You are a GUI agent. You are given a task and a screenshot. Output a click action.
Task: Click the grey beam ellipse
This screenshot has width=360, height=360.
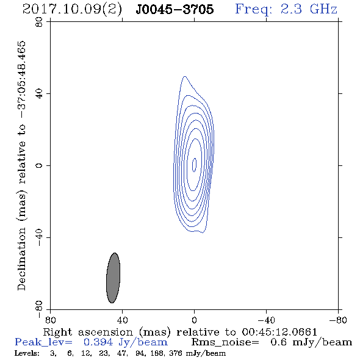(113, 278)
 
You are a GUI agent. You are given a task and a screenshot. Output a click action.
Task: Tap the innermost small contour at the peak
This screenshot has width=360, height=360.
(194, 165)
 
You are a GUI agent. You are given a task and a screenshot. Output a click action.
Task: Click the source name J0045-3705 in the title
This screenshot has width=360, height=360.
(175, 9)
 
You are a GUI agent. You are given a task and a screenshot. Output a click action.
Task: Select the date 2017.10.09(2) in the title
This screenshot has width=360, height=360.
(72, 10)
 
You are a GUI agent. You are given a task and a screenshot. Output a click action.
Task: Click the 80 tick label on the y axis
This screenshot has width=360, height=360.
(39, 22)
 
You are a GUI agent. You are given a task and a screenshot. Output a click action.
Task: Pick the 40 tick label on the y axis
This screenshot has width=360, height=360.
(39, 94)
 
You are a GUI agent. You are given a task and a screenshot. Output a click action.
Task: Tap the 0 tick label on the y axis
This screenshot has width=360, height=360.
(39, 165)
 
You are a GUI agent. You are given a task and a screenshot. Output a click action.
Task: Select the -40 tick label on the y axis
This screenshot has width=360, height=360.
(39, 237)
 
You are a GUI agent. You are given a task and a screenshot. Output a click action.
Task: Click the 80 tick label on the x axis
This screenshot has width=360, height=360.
(50, 320)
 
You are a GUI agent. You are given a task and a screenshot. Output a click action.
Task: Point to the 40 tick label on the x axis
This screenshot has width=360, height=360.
(122, 320)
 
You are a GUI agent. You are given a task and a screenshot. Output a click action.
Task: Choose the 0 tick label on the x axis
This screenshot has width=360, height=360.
(194, 320)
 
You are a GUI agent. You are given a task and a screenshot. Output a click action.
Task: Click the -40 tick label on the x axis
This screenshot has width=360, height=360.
(266, 320)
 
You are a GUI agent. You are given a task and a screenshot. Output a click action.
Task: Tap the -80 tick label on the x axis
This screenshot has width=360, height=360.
(338, 320)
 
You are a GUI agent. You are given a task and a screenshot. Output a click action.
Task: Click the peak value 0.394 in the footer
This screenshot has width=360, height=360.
(98, 342)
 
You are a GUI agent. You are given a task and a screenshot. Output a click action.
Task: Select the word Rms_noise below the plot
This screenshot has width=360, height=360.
(225, 342)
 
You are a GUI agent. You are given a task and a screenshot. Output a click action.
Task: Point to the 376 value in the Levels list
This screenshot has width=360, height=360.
(175, 353)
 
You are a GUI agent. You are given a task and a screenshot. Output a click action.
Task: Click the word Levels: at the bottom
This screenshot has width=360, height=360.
(27, 353)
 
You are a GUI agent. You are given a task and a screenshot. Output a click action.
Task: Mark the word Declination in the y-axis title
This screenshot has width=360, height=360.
(21, 259)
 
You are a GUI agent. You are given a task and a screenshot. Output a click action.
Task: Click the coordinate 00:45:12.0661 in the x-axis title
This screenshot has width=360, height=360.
(279, 332)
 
